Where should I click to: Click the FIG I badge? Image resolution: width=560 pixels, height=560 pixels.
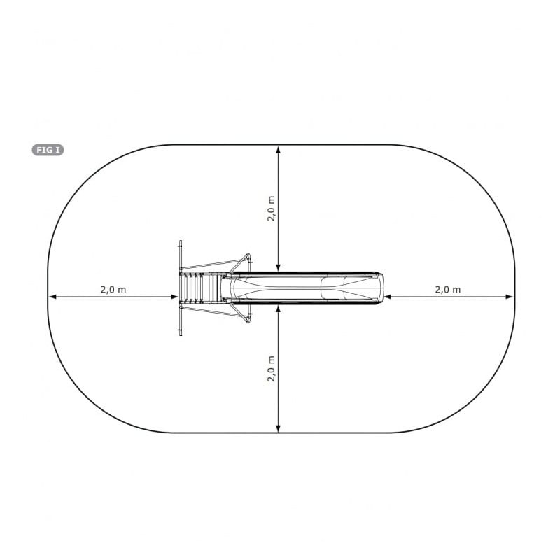(48, 150)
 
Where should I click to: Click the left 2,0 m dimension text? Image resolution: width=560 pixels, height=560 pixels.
(113, 290)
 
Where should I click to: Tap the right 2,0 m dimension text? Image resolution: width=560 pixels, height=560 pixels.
(448, 290)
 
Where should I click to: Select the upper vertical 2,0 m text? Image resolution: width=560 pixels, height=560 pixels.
(271, 209)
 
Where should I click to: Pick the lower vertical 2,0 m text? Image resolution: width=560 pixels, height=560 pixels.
(271, 369)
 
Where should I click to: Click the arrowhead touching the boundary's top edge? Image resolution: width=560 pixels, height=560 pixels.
(279, 149)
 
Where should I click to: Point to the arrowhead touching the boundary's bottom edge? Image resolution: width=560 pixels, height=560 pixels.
(279, 428)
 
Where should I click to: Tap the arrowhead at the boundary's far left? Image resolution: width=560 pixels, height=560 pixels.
(52, 297)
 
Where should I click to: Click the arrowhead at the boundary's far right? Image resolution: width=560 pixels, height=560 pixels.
(510, 297)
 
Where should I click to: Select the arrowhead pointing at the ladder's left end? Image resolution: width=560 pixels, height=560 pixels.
(174, 297)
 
